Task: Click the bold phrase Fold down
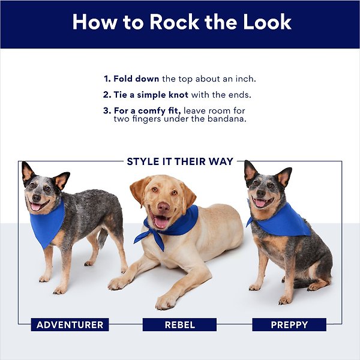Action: coord(136,79)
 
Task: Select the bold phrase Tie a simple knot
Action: coord(151,95)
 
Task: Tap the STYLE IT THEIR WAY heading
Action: coord(180,161)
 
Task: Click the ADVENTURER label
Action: coord(70,325)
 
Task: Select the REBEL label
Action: coord(179,325)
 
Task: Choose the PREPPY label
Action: coord(289,325)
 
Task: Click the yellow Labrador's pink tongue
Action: coord(161,222)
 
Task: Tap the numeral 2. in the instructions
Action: coord(107,95)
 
